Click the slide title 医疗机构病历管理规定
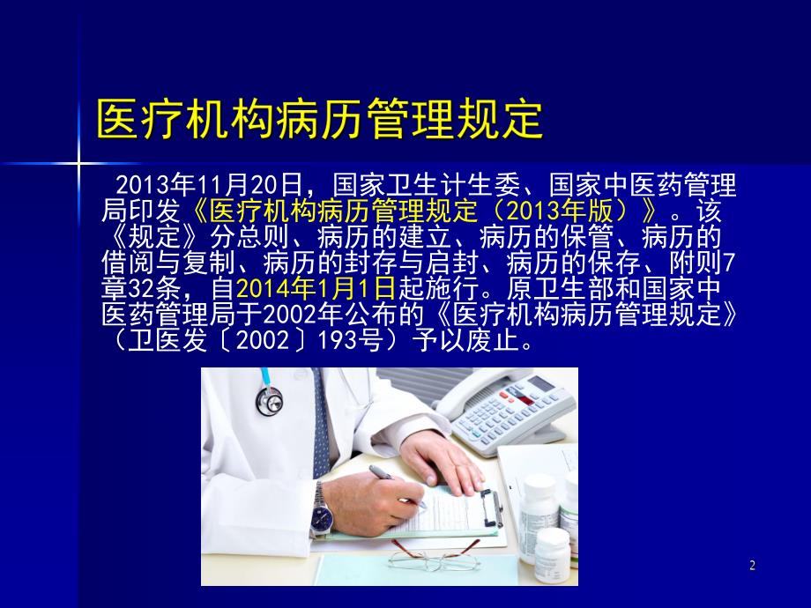point(319,119)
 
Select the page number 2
point(752,566)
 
